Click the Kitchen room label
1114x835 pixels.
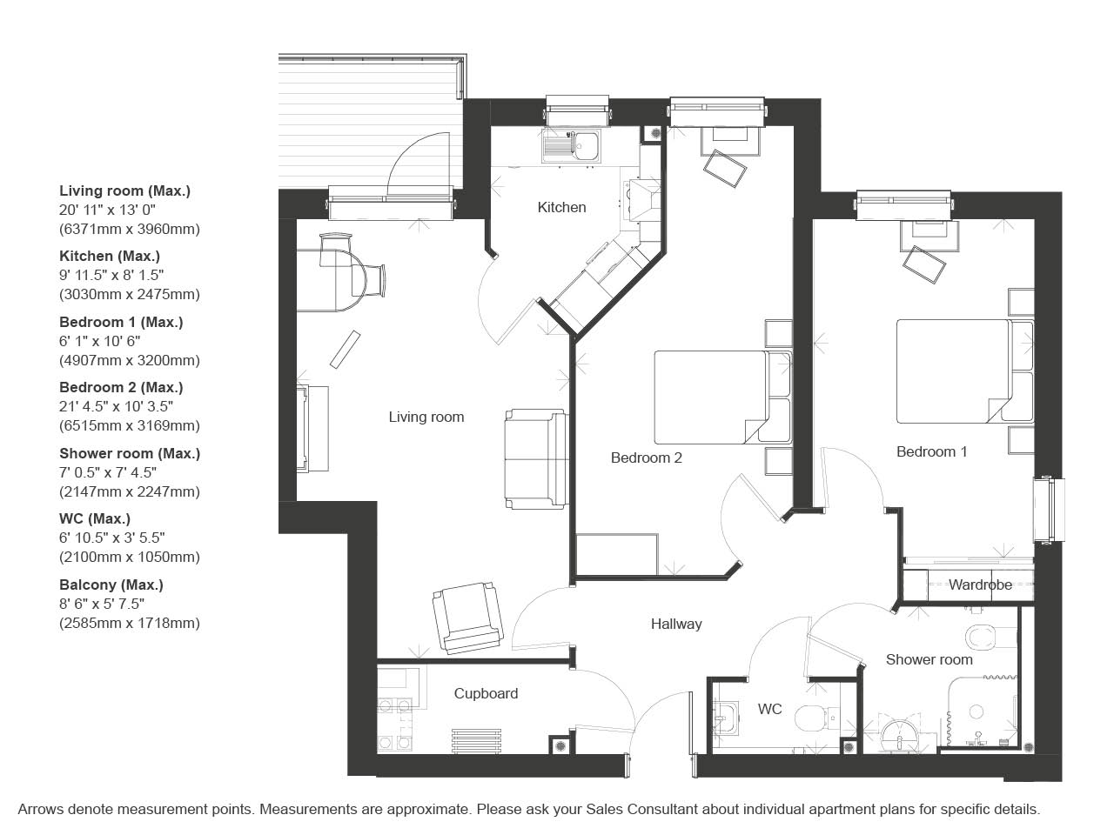561,207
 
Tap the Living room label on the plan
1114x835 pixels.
426,417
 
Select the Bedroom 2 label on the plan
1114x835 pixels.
646,458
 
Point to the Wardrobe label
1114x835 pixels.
981,584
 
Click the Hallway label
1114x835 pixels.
676,625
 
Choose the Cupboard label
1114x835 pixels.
486,693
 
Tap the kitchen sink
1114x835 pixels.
572,145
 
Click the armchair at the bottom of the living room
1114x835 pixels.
468,617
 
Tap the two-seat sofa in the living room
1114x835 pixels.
536,458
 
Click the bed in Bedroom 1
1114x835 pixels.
965,371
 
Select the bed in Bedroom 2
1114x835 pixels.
722,397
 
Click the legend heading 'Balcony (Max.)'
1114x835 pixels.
111,585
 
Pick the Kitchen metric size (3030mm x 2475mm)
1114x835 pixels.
130,295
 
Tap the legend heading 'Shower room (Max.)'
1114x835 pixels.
130,453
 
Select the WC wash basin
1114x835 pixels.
726,718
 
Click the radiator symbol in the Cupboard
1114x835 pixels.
476,741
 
